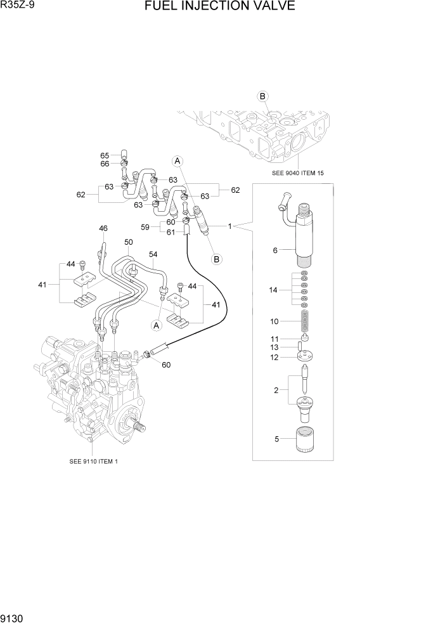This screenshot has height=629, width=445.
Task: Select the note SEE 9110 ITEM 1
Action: [x=93, y=462]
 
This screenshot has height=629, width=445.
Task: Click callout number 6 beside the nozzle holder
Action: [x=275, y=250]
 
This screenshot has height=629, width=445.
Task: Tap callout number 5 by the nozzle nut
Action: [x=276, y=438]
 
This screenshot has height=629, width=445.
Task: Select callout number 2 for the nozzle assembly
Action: [x=276, y=390]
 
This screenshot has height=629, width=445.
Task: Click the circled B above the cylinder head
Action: [x=262, y=96]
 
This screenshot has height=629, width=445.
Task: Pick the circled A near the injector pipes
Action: [x=178, y=160]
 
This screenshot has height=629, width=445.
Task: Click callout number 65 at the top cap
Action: [x=105, y=155]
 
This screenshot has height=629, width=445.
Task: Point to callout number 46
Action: [x=103, y=228]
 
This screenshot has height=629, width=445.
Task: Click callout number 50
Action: [x=128, y=242]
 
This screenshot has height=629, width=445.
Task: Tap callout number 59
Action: [x=145, y=227]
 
